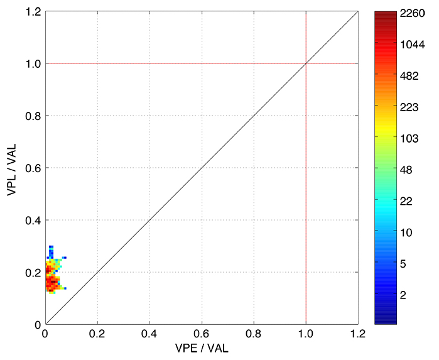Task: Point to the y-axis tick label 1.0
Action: tap(34, 63)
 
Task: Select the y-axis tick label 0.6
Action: tap(34, 168)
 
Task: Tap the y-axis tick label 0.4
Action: tap(34, 220)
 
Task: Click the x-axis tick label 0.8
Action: tap(254, 335)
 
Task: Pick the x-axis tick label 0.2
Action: tap(97, 335)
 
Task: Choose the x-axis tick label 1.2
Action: tap(358, 335)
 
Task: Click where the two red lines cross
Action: tap(306, 63)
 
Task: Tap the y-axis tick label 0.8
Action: tap(34, 116)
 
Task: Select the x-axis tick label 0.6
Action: tap(202, 335)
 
